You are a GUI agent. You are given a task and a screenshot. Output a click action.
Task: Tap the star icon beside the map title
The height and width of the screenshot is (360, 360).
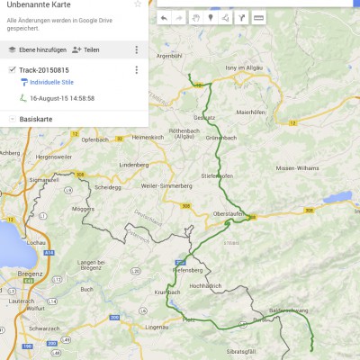pos(137,4)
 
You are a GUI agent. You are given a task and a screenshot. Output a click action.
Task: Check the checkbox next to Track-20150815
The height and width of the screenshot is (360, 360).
pos(12,69)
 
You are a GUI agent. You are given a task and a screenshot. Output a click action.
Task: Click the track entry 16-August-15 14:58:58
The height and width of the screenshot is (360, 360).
pos(61,98)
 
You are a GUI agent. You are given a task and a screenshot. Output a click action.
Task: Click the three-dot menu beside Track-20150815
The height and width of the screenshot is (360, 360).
pos(136,70)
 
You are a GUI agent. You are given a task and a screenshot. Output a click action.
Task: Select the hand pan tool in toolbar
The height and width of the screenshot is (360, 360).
pos(195,17)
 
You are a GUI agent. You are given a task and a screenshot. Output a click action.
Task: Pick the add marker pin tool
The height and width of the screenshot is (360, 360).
pos(211,17)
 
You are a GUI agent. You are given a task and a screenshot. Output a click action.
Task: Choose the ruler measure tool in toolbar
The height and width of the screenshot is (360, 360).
pos(259,17)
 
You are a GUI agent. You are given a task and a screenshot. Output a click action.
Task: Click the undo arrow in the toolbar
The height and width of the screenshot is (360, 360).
pos(164,17)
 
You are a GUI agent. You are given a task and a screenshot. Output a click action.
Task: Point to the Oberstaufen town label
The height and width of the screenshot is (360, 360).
pos(228,213)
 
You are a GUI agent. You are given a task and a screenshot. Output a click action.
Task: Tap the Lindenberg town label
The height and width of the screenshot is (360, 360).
pos(133,166)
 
